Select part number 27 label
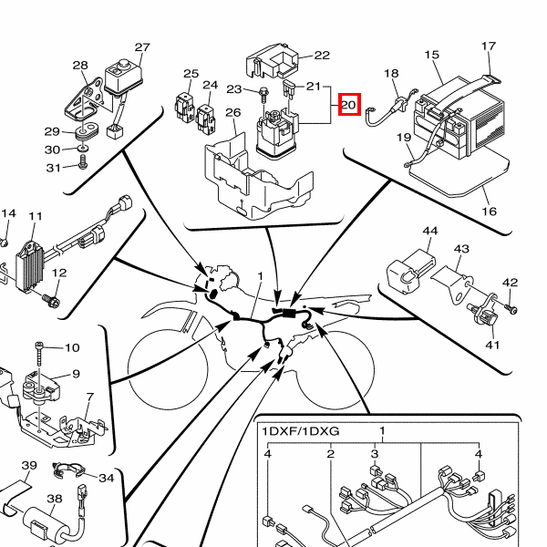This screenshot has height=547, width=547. tap(142, 47)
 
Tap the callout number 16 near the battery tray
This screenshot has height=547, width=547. tap(490, 212)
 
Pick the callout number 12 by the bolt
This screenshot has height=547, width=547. tap(60, 273)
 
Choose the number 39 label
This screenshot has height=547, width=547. tap(29, 466)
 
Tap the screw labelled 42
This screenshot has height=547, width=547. tap(511, 309)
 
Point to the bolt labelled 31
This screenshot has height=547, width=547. tap(83, 165)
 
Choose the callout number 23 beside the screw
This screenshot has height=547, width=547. tap(234, 89)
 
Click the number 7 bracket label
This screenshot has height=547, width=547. tap(89, 397)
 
